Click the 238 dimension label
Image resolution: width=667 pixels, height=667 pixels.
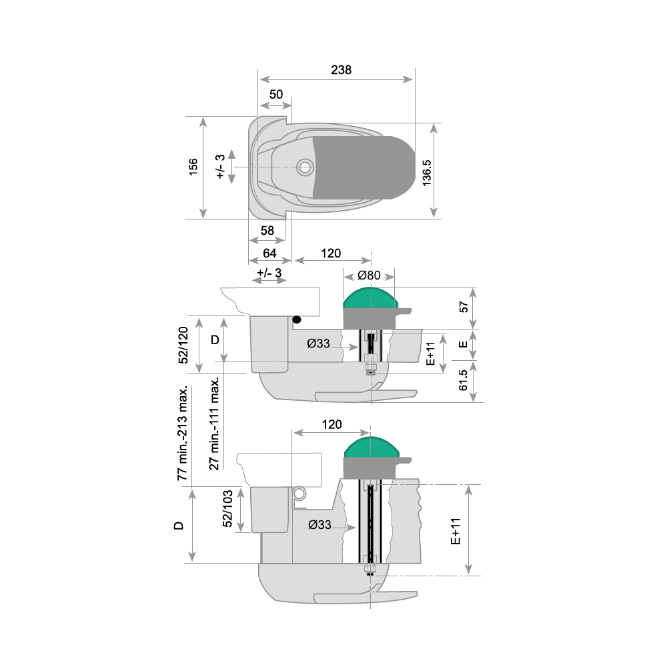coord(341,70)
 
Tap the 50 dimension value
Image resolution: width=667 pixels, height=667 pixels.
coord(276,94)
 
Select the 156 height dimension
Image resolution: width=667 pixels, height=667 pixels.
coord(193,167)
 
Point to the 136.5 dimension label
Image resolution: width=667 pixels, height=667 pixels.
coord(427,173)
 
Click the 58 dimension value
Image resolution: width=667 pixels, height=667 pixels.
coord(267,231)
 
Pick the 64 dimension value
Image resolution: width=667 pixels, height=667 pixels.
coord(269,253)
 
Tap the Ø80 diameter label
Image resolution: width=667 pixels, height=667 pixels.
coord(369,275)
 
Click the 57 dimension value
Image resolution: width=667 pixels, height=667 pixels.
coord(464,307)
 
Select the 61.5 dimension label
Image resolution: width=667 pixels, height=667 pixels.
coord(464,380)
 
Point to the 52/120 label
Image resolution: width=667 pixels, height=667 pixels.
coord(183,345)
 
